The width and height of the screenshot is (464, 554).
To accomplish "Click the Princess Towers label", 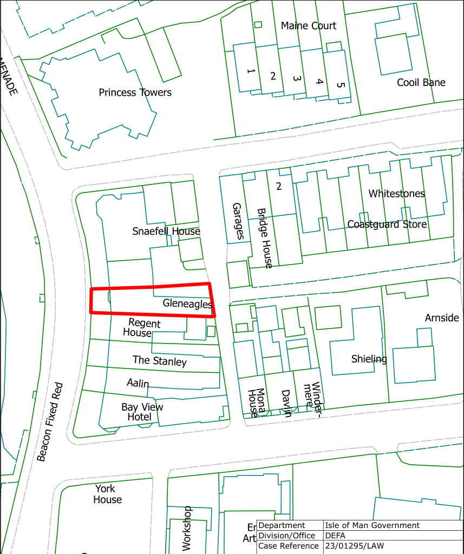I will (135, 93).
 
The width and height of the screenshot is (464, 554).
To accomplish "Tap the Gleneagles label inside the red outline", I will (187, 304).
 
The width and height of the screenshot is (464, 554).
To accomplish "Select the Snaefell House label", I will (166, 232).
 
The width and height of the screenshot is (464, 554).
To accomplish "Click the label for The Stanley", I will (159, 361).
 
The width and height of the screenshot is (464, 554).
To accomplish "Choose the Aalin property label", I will (138, 383).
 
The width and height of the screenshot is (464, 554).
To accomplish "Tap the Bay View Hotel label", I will (142, 412).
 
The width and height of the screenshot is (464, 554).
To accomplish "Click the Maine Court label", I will (308, 25).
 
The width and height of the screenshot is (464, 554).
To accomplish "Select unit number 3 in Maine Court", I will (296, 78).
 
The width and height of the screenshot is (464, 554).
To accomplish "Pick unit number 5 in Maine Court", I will (340, 85).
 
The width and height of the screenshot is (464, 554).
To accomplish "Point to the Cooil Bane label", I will (421, 82).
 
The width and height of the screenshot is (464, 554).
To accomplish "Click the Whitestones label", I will (396, 193).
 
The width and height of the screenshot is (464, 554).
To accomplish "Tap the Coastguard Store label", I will (387, 224).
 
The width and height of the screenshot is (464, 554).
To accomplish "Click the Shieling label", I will (369, 359).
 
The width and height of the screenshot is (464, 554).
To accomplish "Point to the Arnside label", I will (442, 318).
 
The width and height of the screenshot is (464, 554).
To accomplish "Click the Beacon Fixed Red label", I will (50, 422).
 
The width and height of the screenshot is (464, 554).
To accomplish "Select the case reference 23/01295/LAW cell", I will (354, 546).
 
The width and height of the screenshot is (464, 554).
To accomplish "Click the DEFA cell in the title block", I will (336, 536).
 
